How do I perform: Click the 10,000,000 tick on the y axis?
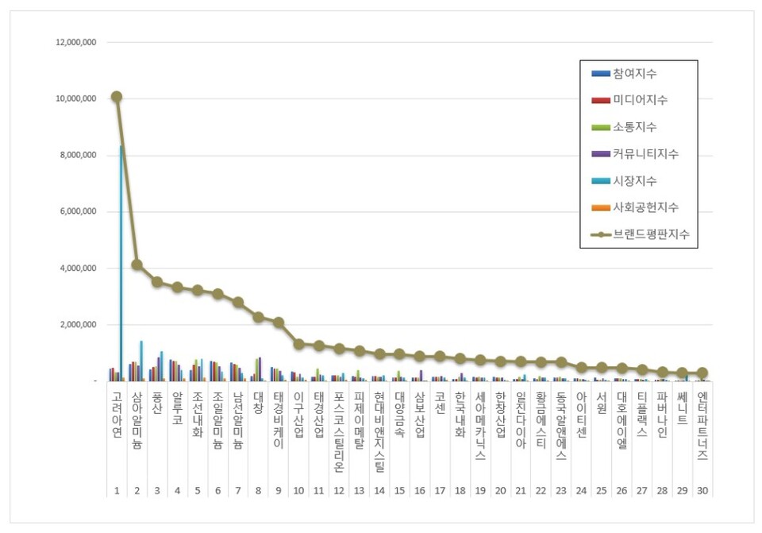point(73,98)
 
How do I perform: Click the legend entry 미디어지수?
point(640,100)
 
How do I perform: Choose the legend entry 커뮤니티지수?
point(645,153)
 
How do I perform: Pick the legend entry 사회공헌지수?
point(645,207)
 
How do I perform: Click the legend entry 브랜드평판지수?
point(650,234)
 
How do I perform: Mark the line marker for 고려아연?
point(117,96)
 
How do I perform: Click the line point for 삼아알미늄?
point(137,265)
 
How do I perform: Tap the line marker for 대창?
point(258,317)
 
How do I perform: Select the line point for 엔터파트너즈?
point(702,373)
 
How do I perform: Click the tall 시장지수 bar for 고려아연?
point(121,262)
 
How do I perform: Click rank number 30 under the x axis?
point(702,491)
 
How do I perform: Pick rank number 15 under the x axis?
point(399,491)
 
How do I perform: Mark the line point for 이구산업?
point(298,344)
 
